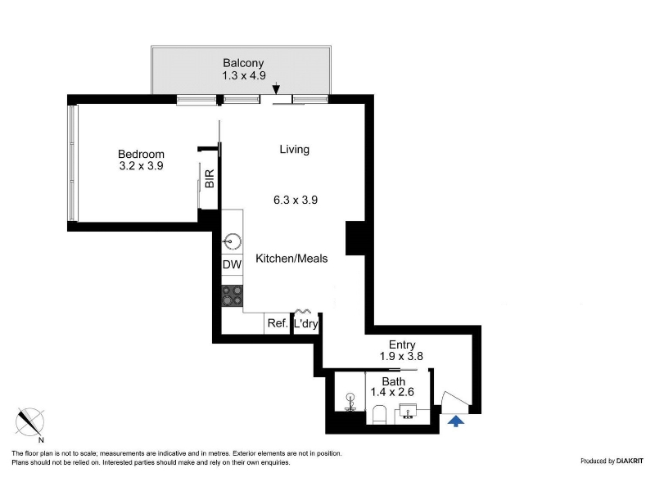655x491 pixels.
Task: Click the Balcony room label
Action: point(243,63)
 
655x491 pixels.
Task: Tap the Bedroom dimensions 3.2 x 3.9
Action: point(141,166)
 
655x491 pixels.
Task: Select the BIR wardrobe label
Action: point(210,178)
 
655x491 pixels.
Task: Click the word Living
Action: point(295,150)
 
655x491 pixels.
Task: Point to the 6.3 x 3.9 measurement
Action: point(296,200)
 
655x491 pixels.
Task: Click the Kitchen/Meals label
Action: point(291,259)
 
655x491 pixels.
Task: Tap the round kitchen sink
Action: point(232,241)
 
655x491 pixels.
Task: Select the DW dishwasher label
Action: point(232,264)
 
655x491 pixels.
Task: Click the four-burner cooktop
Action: point(232,295)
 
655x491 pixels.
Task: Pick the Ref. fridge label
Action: point(278,323)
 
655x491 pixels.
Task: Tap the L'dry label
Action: point(305,323)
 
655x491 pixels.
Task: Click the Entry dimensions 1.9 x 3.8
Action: point(401,356)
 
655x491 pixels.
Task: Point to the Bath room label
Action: point(394,381)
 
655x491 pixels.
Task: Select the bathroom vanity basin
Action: point(408,411)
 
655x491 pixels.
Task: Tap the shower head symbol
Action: point(350,402)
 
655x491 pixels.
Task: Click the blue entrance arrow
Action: point(456,421)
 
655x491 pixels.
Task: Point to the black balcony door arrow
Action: point(276,89)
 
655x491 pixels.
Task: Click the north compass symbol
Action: point(30,422)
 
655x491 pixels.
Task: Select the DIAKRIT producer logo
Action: point(630,461)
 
